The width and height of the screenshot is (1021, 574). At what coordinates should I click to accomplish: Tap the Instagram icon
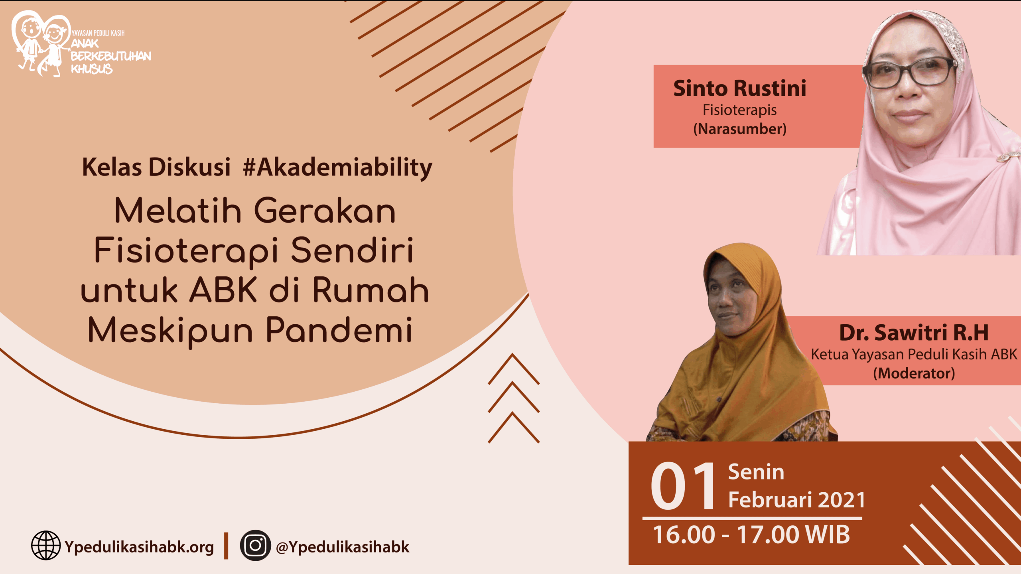pyautogui.click(x=255, y=545)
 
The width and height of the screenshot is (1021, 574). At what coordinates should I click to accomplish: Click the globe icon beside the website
pyautogui.click(x=46, y=545)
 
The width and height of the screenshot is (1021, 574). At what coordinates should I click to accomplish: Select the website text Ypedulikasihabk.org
pyautogui.click(x=139, y=547)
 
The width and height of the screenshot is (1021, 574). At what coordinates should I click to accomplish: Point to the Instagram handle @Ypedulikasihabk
pyautogui.click(x=343, y=547)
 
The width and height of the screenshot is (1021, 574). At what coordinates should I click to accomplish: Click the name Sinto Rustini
pyautogui.click(x=740, y=88)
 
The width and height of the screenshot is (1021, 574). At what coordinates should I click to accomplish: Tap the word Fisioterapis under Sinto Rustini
pyautogui.click(x=740, y=110)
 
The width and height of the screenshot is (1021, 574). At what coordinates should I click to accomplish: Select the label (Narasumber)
pyautogui.click(x=740, y=129)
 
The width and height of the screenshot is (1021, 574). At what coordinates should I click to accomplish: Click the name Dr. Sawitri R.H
pyautogui.click(x=914, y=333)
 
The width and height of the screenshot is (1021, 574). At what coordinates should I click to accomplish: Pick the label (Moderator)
pyautogui.click(x=914, y=373)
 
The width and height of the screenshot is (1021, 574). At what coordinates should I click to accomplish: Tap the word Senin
pyautogui.click(x=756, y=472)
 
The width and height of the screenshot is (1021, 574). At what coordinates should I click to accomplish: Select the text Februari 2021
pyautogui.click(x=797, y=499)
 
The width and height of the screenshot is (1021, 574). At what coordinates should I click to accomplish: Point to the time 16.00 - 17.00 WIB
pyautogui.click(x=751, y=535)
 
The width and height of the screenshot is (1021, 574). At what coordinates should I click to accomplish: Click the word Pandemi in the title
pyautogui.click(x=339, y=330)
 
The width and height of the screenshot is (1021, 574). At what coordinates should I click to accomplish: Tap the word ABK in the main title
pyautogui.click(x=223, y=290)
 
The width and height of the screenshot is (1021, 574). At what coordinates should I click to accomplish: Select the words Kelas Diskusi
pyautogui.click(x=156, y=167)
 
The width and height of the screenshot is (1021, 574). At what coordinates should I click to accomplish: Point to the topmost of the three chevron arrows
pyautogui.click(x=514, y=369)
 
